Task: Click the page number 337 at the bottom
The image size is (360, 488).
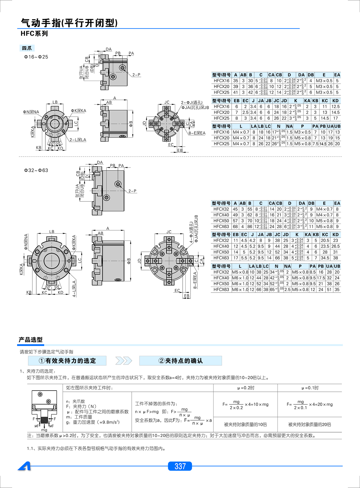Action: [x=180, y=466]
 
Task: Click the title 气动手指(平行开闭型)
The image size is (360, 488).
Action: [x=69, y=23]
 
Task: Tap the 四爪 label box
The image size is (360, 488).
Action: [x=27, y=48]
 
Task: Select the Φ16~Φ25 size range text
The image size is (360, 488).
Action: [x=36, y=57]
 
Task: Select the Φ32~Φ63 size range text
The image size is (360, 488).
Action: [x=36, y=170]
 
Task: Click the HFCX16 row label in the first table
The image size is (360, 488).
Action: [x=221, y=81]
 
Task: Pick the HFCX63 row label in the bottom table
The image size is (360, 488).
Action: [x=221, y=290]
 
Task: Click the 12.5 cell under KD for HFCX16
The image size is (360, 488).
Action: [x=335, y=106]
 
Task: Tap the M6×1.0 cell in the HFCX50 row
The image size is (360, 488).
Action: [x=240, y=284]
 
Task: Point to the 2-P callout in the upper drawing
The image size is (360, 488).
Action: [x=136, y=75]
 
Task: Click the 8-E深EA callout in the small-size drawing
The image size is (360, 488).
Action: [x=197, y=133]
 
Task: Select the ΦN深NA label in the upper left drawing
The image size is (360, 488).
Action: [x=31, y=112]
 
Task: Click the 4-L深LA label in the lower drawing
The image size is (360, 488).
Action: [x=74, y=288]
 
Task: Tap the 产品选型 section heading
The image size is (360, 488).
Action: [x=31, y=340]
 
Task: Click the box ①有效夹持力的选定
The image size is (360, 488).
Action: [x=67, y=361]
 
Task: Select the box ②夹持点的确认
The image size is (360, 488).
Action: [x=181, y=361]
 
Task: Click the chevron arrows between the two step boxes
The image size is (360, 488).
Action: [x=123, y=361]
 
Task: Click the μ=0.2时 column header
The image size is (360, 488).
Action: [x=246, y=388]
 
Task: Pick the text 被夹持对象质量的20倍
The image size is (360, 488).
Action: [x=310, y=424]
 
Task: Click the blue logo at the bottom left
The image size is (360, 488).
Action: [x=24, y=466]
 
